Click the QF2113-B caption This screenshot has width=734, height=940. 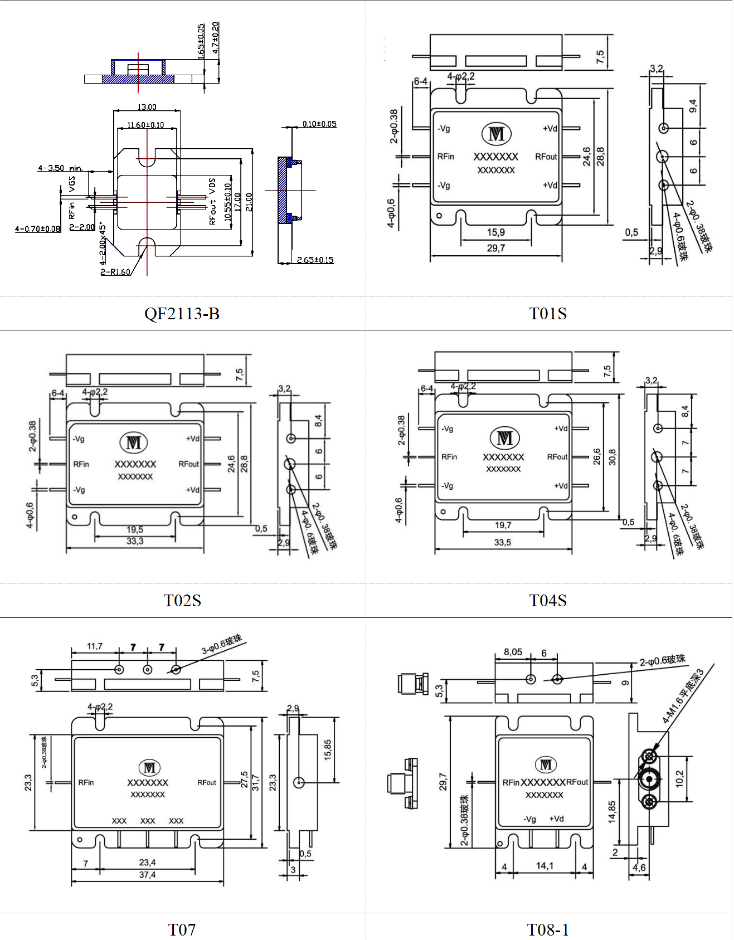pos(182,314)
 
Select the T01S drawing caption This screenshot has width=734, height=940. pos(548,314)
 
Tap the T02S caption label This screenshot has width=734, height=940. pos(182,601)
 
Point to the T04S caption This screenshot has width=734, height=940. pos(548,601)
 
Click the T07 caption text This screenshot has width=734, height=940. pos(182,929)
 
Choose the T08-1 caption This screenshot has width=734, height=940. pos(548,929)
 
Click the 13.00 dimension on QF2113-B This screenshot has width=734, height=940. pos(147,107)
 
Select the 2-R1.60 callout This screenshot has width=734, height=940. pos(115,272)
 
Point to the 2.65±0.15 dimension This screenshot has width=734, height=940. pos(315,260)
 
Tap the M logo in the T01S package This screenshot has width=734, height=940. pos(496,134)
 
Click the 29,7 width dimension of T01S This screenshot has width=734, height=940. pos(495,248)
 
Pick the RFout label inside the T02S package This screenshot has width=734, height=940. pos(188,464)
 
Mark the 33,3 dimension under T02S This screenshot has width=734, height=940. pos(135,541)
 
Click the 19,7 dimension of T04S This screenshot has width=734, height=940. pos(503,525)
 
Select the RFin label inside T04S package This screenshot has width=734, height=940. pos(449,457)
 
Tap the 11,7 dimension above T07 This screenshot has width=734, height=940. pos(95,646)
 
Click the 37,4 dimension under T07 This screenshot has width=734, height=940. pos(147,875)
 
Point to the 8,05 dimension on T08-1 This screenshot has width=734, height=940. pos(513,652)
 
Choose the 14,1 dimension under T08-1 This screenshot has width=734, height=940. pos(545,866)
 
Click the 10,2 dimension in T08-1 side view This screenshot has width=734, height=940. pos(679,778)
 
